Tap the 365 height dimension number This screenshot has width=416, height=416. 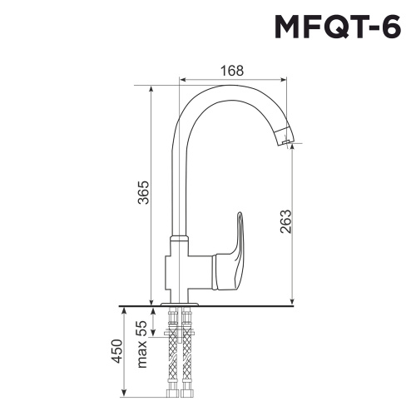(x=143, y=193)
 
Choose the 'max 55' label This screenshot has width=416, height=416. (x=141, y=343)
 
